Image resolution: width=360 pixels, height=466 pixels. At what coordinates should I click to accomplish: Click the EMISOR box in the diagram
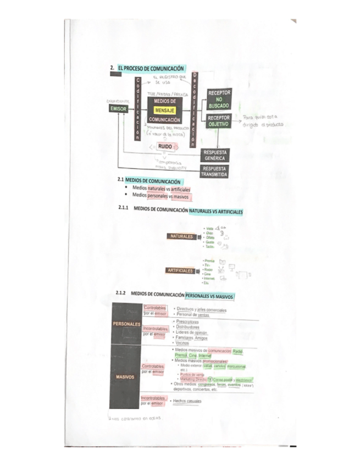coord(119,109)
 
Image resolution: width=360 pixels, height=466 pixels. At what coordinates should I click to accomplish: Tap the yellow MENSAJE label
coord(164,110)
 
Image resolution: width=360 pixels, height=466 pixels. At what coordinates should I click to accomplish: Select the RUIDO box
coord(165,147)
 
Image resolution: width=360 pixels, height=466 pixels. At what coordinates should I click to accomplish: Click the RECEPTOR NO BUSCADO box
coord(219,98)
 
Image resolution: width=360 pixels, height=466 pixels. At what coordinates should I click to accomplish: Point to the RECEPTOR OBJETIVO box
coord(219,121)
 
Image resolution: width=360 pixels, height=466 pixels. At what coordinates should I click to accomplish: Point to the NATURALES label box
coord(181,236)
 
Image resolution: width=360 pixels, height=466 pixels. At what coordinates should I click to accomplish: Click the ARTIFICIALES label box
coord(180,270)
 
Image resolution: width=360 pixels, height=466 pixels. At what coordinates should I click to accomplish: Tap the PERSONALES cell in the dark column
coord(126,324)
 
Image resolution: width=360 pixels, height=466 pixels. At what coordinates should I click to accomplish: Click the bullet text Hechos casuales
coord(187,401)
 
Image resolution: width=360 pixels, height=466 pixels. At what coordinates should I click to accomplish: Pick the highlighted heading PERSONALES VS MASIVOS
coord(209,296)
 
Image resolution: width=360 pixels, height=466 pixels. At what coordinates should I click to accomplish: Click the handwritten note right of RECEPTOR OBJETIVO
coord(260,120)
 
